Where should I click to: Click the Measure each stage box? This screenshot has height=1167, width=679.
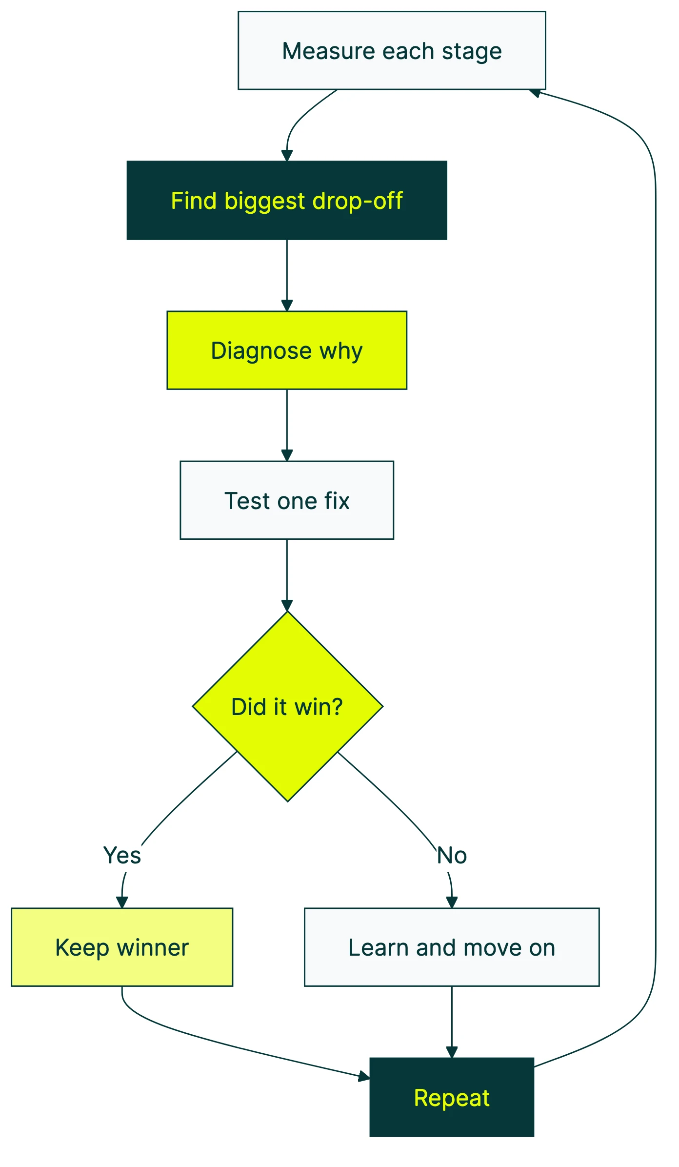click(x=391, y=50)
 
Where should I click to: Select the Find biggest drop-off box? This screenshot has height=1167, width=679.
click(x=287, y=200)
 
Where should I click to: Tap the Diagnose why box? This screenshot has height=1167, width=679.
click(x=287, y=350)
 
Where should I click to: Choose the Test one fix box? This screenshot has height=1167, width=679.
click(x=287, y=500)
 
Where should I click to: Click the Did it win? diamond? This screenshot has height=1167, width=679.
click(x=287, y=706)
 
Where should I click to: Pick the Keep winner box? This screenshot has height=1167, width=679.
click(x=122, y=947)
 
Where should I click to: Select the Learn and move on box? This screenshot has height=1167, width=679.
click(x=452, y=947)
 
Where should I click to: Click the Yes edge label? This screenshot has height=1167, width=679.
click(x=122, y=855)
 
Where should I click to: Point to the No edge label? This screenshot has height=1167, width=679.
click(x=452, y=855)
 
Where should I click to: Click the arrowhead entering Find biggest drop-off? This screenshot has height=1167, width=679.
click(x=287, y=156)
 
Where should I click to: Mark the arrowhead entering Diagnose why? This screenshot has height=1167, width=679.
click(x=287, y=306)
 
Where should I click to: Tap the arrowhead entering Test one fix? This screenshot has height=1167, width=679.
click(x=287, y=455)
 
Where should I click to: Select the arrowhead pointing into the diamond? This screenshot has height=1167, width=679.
click(x=287, y=605)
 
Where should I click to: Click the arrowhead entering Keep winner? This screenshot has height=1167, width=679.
click(x=122, y=902)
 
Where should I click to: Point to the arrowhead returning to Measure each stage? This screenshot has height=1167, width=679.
click(x=535, y=93)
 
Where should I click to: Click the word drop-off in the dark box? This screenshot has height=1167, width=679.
click(x=358, y=201)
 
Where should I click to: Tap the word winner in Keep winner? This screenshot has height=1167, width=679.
click(x=152, y=947)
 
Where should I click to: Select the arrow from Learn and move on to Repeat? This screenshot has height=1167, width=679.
click(x=452, y=1020)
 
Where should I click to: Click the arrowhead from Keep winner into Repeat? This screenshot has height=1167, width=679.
click(x=364, y=1075)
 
